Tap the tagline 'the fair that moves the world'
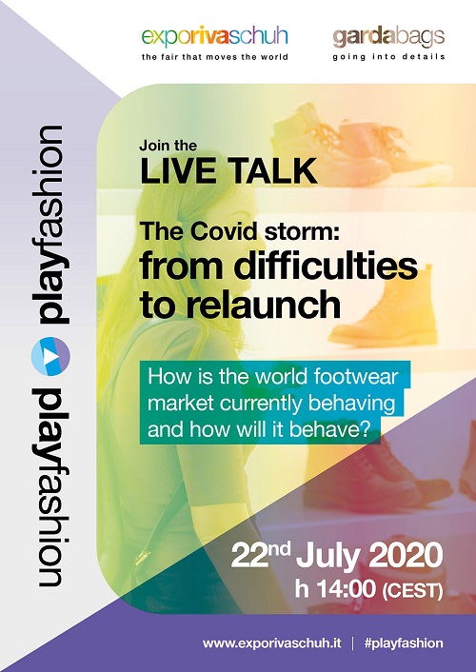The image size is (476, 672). click(x=215, y=57)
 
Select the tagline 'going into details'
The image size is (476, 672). click(x=389, y=57)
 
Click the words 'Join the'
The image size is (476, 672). click(x=169, y=146)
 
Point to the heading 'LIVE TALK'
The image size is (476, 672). click(x=228, y=171)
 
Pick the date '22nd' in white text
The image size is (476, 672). click(x=261, y=555)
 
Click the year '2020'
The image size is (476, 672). click(x=406, y=556)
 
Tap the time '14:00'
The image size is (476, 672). click(x=346, y=589)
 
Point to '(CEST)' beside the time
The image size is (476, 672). click(x=411, y=590)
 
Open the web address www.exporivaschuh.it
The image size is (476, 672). click(x=272, y=642)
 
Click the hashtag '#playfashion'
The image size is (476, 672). click(x=404, y=643)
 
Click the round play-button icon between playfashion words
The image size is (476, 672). click(x=50, y=356)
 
